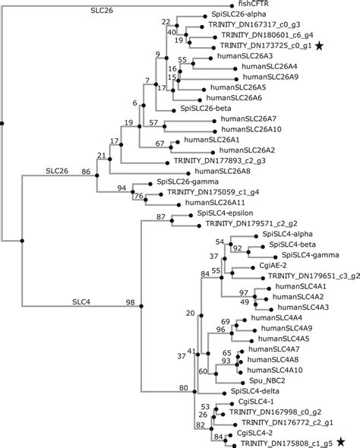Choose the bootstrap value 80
(x=184, y=389)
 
